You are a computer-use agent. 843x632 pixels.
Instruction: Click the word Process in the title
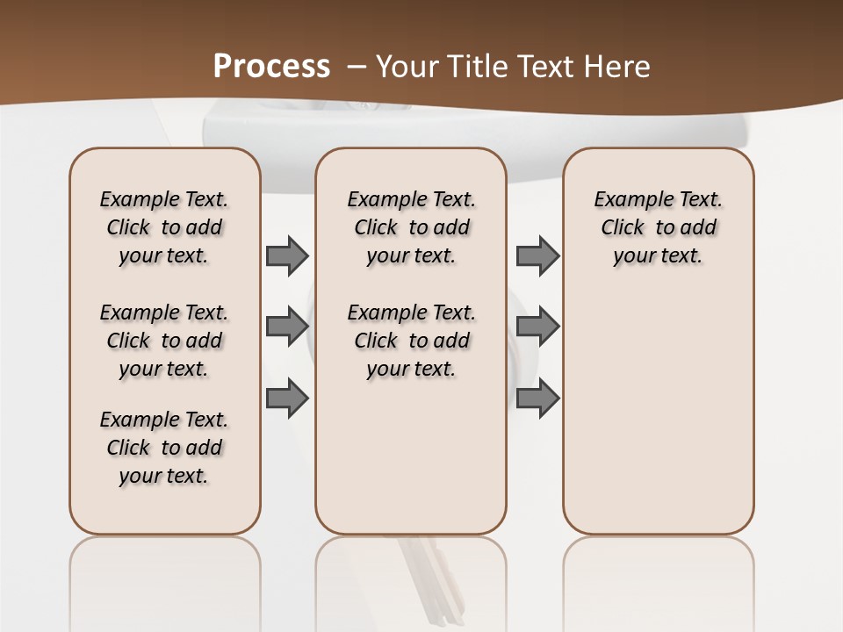[271, 66]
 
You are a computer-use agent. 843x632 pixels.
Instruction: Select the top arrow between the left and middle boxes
[287, 255]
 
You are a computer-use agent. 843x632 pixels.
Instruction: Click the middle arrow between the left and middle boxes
[287, 327]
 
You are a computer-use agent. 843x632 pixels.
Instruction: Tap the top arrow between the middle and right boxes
[537, 255]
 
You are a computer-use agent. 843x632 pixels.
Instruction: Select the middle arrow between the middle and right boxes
[537, 327]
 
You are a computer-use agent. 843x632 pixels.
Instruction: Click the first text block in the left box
[164, 227]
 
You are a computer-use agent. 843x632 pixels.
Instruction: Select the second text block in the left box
[164, 341]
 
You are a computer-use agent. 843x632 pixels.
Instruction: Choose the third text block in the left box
[164, 448]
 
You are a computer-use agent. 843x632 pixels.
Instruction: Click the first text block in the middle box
[411, 227]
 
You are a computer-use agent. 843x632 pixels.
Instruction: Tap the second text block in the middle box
[411, 341]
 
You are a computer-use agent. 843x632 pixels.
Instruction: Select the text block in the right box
[659, 227]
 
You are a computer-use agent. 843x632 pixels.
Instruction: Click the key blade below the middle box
[430, 579]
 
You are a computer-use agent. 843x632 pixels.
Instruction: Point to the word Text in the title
[550, 67]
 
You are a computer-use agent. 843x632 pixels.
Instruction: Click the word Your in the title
[408, 67]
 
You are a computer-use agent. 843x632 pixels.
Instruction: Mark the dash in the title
[357, 67]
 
